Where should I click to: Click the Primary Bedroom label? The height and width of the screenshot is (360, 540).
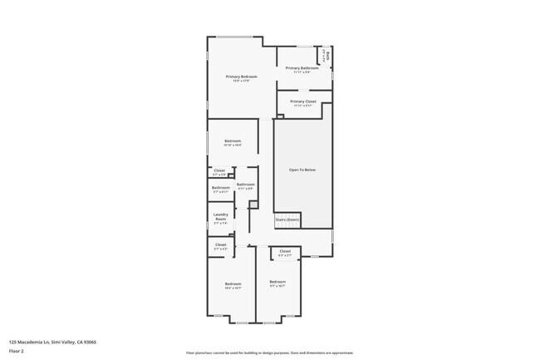click(241, 76)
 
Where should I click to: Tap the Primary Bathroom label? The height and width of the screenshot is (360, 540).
click(302, 68)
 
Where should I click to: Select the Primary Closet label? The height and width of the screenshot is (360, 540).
click(302, 101)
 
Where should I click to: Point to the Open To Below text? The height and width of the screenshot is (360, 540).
click(302, 170)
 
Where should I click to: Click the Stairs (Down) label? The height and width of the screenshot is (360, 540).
click(287, 220)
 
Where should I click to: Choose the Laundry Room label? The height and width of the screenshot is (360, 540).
click(220, 219)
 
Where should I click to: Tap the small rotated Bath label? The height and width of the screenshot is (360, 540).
click(329, 57)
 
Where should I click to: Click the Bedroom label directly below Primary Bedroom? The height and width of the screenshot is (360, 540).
click(233, 141)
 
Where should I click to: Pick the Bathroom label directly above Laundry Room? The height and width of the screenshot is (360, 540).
click(220, 188)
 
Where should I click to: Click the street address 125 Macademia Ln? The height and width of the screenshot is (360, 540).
click(30, 342)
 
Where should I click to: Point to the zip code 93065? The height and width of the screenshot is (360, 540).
click(90, 342)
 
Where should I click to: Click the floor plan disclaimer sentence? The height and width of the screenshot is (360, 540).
click(269, 353)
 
